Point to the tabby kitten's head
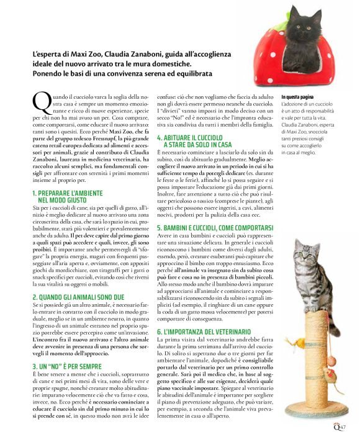(312, 256)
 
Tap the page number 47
(342, 426)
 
